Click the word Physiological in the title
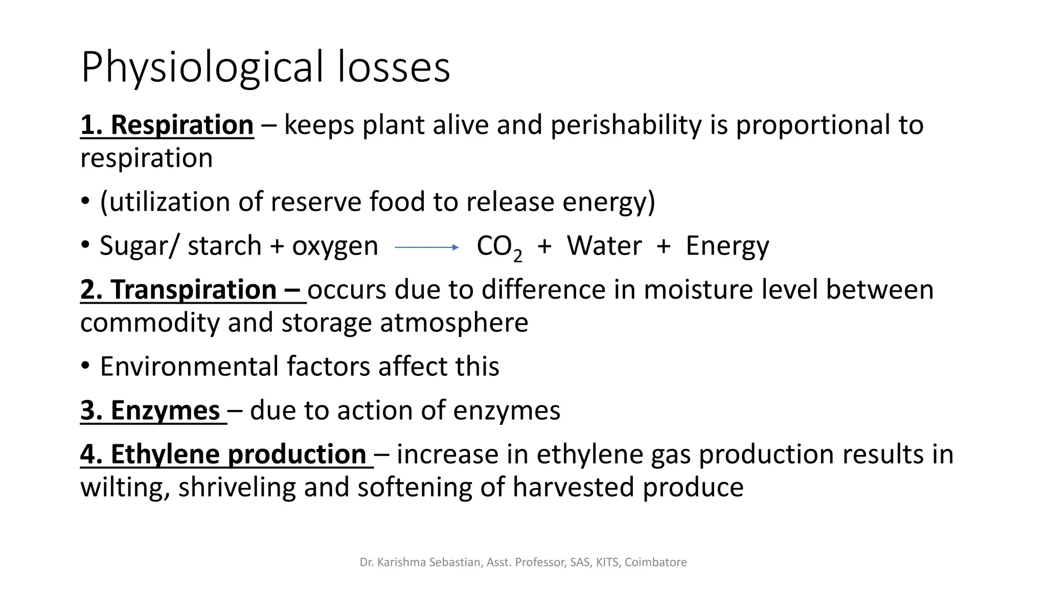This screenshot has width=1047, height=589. [202, 67]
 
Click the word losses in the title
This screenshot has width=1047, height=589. [394, 67]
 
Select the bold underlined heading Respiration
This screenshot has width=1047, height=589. [182, 125]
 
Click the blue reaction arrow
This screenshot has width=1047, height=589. [427, 247]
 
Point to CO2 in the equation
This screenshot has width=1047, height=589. [499, 247]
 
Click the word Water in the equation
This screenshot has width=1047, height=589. [604, 246]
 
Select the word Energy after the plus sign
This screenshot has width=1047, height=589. [727, 246]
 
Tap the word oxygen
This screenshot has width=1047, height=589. [335, 246]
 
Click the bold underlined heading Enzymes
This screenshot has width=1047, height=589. [165, 411]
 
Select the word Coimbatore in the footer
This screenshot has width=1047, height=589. [655, 562]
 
